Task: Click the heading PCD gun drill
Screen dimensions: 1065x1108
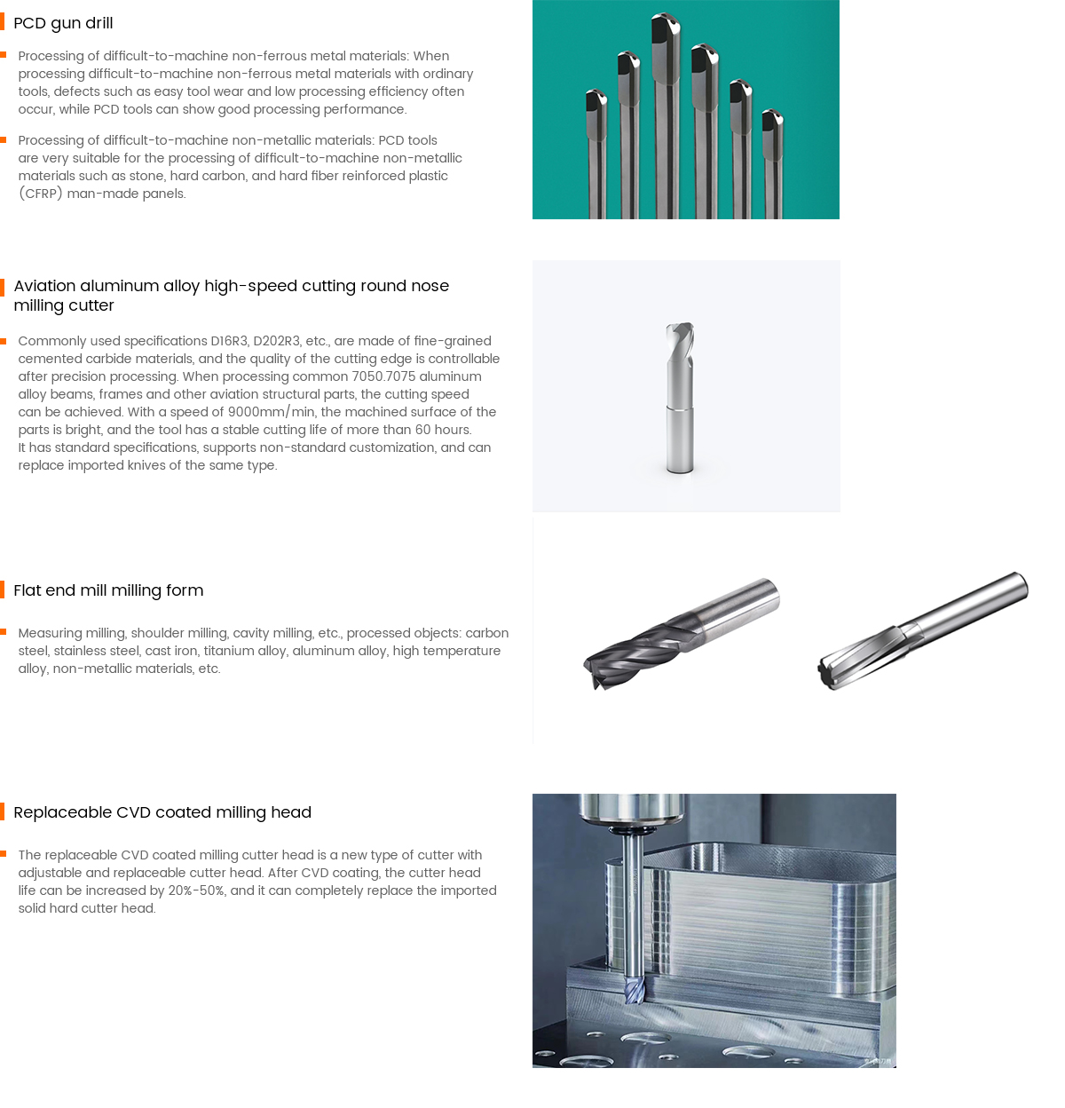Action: point(63,23)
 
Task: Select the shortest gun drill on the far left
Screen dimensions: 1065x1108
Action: point(596,154)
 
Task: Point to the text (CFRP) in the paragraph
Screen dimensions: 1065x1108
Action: point(41,194)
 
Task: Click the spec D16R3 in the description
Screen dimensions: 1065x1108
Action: point(229,341)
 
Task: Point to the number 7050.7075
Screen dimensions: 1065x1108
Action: point(383,376)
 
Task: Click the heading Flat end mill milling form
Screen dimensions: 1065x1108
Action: point(108,590)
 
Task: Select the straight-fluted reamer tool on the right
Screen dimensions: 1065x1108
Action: point(923,629)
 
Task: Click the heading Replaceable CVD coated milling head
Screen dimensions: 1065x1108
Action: point(162,812)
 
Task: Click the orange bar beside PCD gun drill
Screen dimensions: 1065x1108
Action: point(3,22)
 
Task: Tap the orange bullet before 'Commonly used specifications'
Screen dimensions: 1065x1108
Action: point(4,341)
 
